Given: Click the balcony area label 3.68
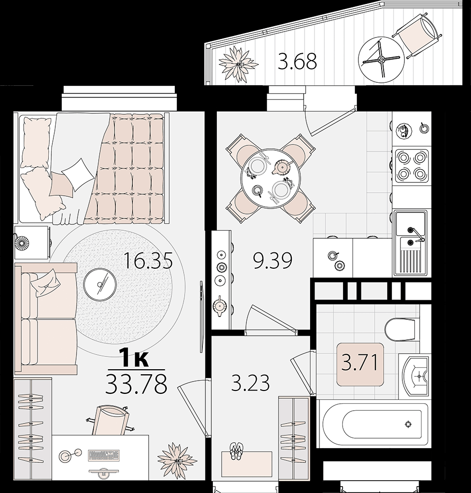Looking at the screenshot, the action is (x=297, y=61).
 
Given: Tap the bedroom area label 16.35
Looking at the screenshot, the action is (x=148, y=260).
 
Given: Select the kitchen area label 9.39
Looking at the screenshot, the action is (x=273, y=260).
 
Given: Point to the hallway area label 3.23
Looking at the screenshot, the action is (x=250, y=383).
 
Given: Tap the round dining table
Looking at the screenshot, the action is (x=270, y=178).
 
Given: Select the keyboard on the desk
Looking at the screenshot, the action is (x=104, y=455).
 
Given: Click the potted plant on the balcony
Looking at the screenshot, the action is (x=238, y=64).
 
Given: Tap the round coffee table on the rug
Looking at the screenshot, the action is (x=100, y=284).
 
